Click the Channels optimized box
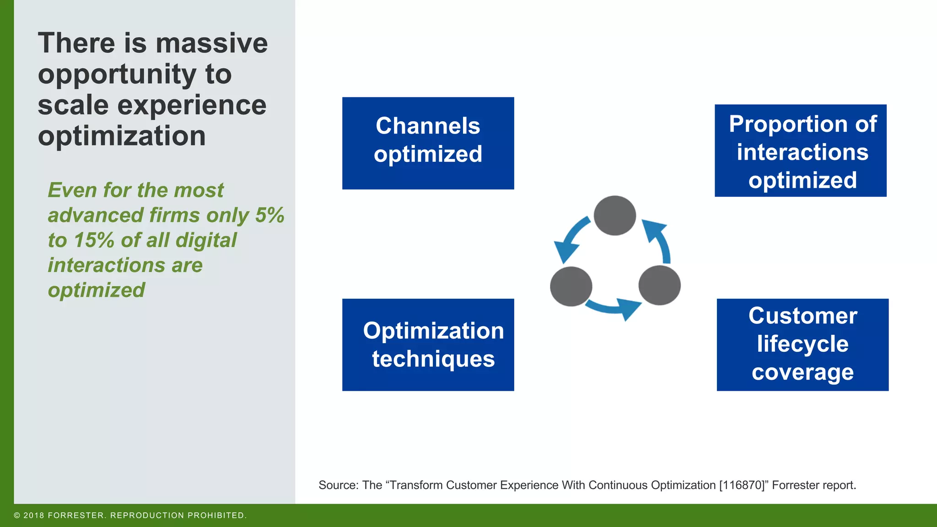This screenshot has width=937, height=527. click(x=428, y=143)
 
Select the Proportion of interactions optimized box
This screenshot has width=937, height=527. click(x=800, y=151)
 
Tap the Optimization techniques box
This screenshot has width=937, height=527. click(x=428, y=344)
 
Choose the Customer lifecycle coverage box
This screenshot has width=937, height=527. click(x=802, y=344)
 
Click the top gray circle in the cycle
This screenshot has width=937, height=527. click(x=614, y=215)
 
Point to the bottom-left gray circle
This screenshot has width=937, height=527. click(x=571, y=286)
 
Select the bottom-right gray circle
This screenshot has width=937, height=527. click(x=659, y=285)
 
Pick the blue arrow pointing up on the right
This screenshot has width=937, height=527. click(x=659, y=240)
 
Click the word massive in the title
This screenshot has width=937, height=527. click(x=211, y=43)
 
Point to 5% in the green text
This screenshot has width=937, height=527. click(x=269, y=215)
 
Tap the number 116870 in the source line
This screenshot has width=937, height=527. click(x=742, y=485)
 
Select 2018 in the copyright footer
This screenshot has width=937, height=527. click(x=33, y=516)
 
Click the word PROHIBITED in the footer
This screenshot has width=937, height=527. click(x=216, y=516)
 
